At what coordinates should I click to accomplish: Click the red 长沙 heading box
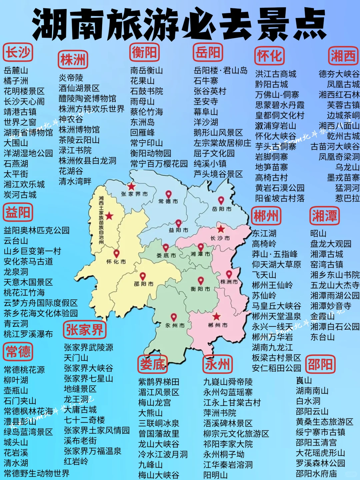point(18,52)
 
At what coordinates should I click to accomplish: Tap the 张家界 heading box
point(85,330)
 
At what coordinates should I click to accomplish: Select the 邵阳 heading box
point(320,364)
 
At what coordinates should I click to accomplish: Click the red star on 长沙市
point(221,229)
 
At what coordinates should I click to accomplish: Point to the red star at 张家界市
point(132,186)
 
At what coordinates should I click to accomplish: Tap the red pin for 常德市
point(169,194)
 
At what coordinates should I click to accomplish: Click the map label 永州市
point(175,325)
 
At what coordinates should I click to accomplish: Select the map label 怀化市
point(116,262)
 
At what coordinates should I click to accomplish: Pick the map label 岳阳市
point(222,209)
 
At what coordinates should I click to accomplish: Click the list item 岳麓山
point(16,70)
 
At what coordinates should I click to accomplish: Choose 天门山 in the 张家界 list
point(76,358)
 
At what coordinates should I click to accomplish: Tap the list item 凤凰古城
point(343,84)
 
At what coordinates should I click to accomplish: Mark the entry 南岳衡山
point(147,70)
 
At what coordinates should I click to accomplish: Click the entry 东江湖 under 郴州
point(264,233)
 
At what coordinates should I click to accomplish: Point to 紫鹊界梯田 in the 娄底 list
point(159,382)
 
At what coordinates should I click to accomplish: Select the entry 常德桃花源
point(24,370)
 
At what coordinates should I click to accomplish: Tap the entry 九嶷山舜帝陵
point(228,382)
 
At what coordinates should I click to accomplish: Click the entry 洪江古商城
point(276,74)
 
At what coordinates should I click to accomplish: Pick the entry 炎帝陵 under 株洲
point(71,78)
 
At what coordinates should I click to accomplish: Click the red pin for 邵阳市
point(143,276)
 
